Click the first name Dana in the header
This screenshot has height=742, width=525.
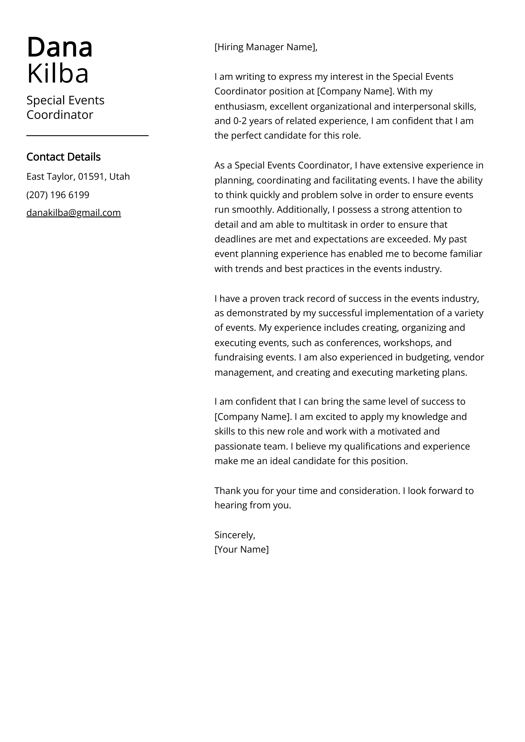click(x=60, y=47)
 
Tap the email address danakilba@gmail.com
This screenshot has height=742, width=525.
click(x=74, y=213)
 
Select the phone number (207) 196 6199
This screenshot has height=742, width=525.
click(x=58, y=195)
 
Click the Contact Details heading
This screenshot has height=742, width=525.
click(x=63, y=157)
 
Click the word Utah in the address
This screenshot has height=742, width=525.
click(x=119, y=177)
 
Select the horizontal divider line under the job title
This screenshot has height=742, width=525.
click(x=87, y=136)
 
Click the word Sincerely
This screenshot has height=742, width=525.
click(x=234, y=535)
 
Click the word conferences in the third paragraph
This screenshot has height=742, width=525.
click(x=353, y=343)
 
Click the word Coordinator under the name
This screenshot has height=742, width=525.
click(x=60, y=115)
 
